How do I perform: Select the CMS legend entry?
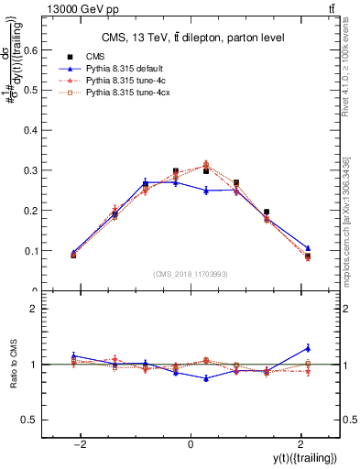(93, 56)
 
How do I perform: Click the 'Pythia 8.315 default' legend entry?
(122, 69)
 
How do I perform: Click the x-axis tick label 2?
(300, 444)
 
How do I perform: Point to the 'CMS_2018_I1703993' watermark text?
(190, 274)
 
